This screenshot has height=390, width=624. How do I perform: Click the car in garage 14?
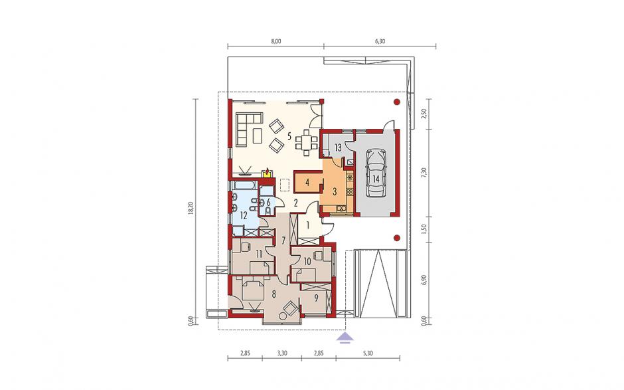[376, 173]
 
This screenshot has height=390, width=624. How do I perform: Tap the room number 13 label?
[338, 147]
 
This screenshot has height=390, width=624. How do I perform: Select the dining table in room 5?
[307, 142]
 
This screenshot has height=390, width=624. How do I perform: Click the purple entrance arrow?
[345, 338]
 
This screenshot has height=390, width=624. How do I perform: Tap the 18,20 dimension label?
[191, 209]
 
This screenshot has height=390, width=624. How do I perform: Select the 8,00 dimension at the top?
[275, 41]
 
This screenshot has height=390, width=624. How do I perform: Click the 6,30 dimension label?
[380, 41]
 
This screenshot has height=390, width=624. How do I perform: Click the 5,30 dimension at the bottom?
[368, 353]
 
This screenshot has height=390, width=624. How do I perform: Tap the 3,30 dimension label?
[281, 353]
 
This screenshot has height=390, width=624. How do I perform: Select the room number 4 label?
[307, 183]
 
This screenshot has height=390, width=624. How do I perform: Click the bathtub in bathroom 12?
[244, 186]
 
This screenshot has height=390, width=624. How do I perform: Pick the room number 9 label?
[316, 297]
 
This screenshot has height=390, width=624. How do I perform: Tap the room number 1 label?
[307, 225]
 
